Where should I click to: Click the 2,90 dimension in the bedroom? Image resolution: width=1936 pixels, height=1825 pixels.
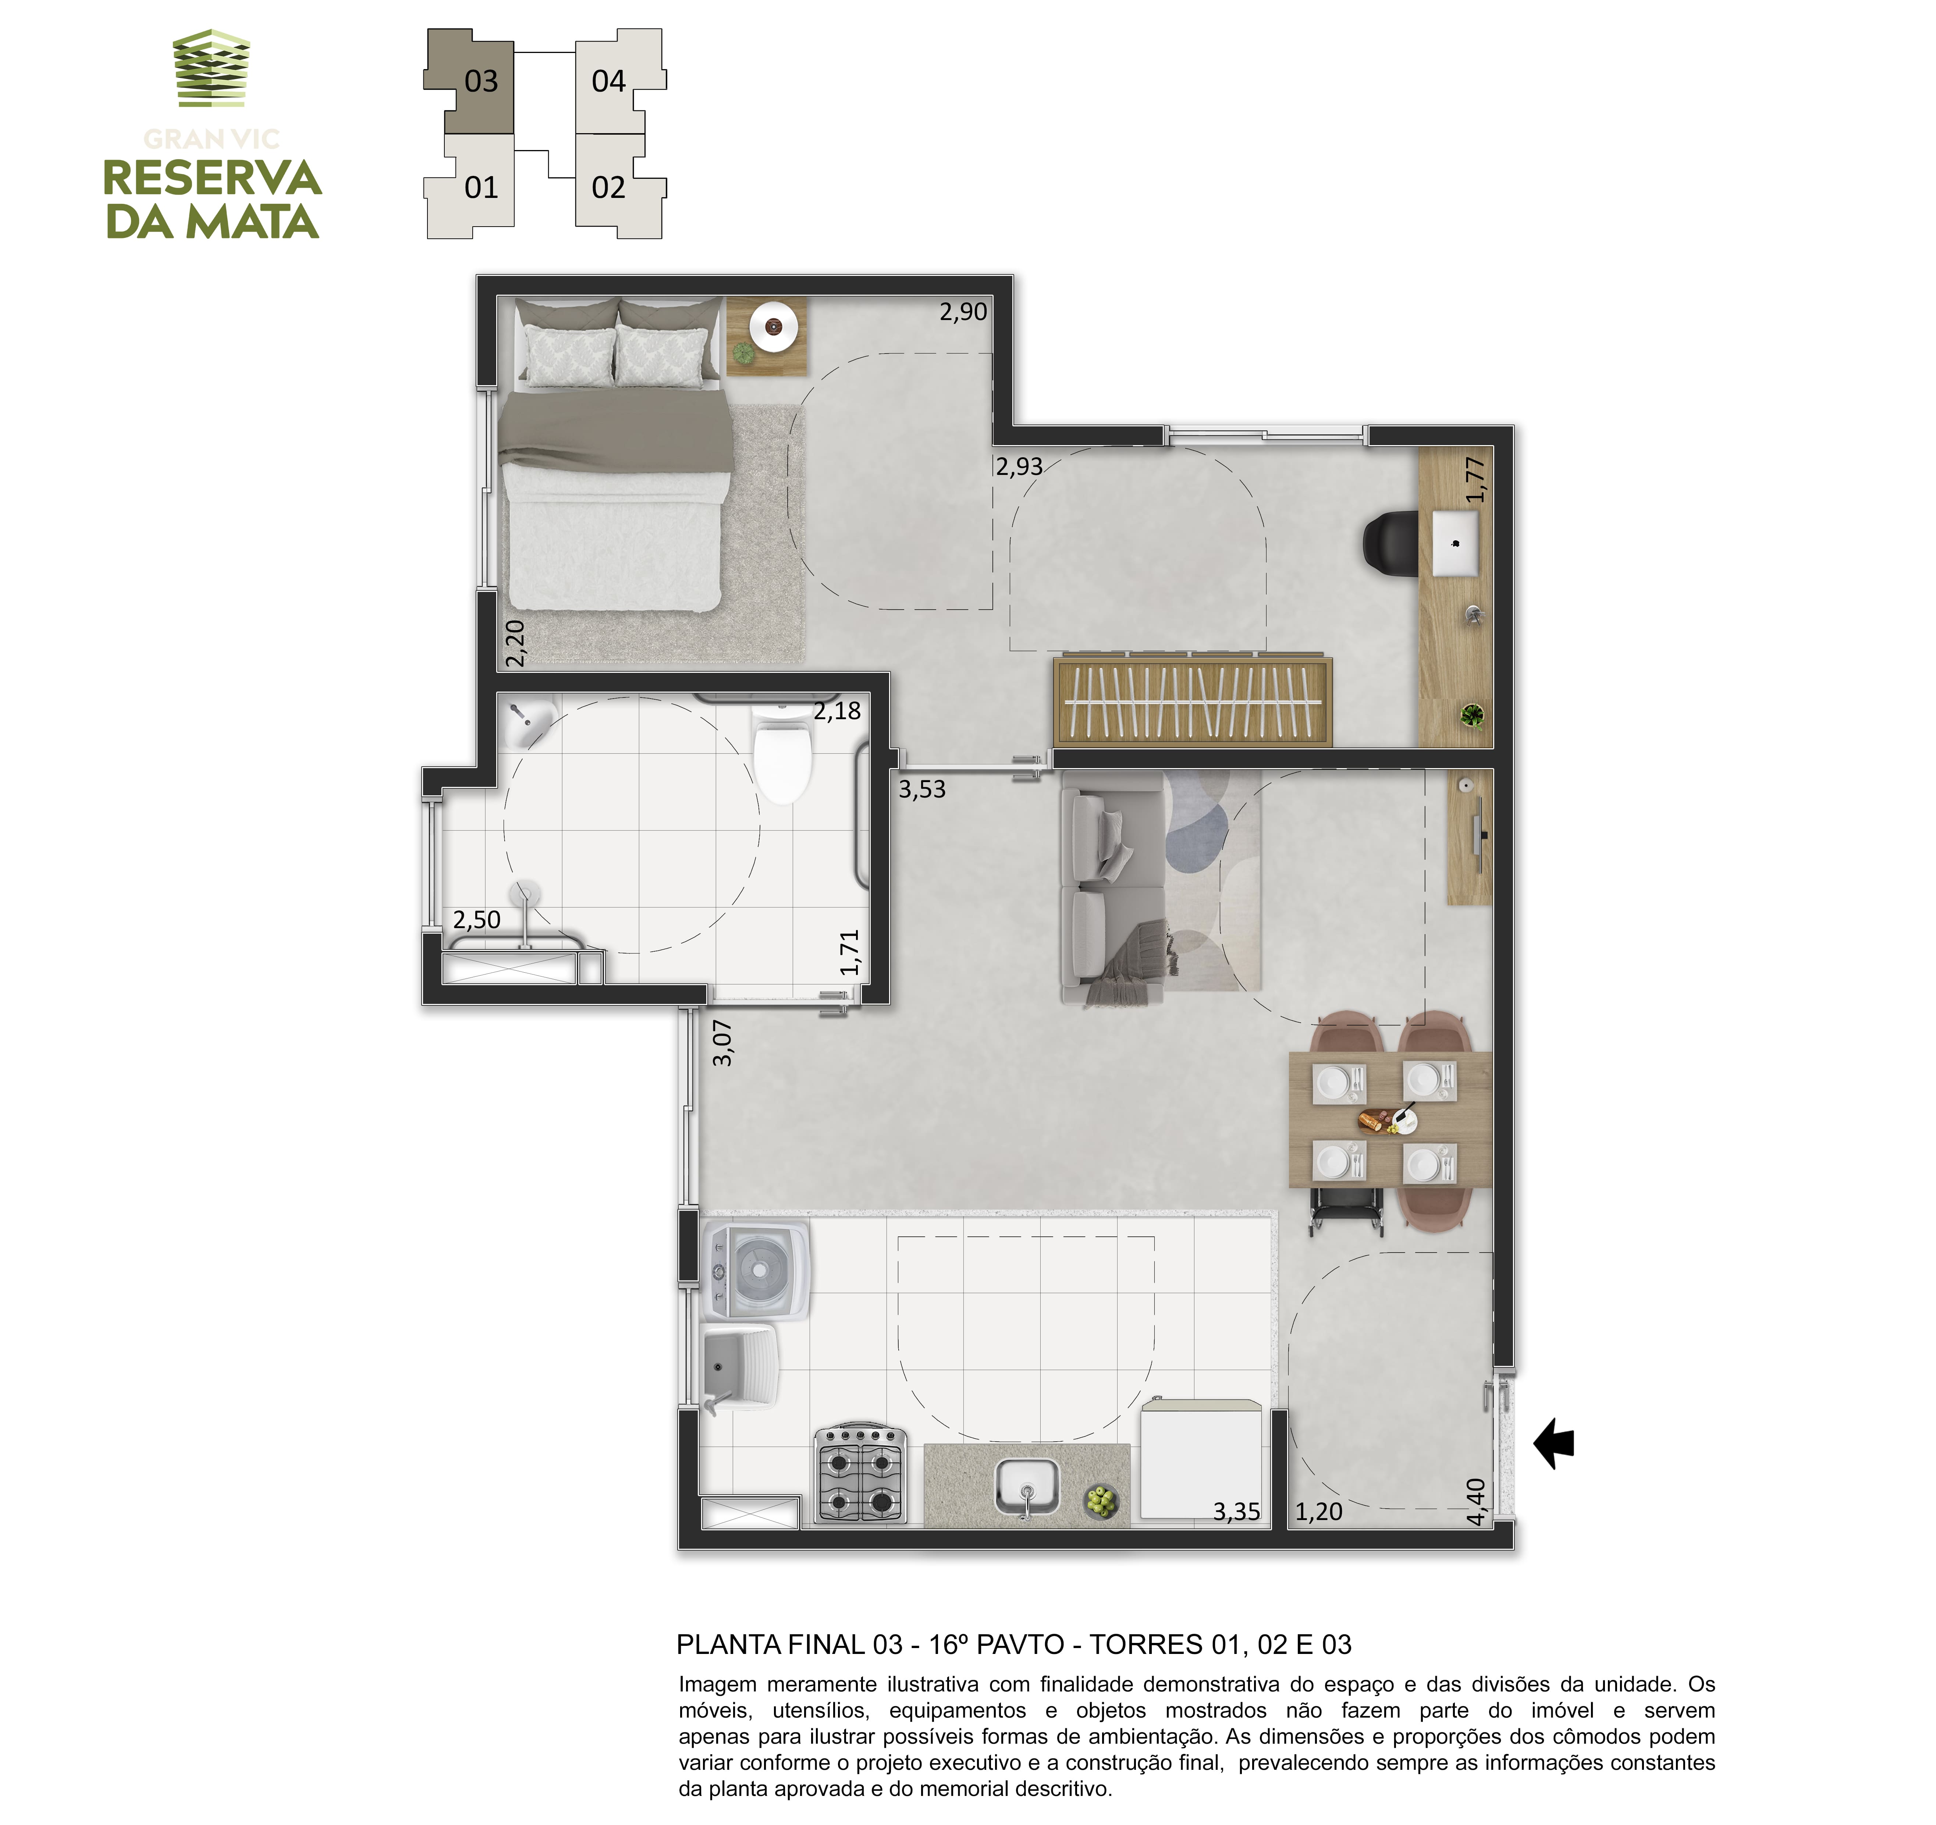coord(963,312)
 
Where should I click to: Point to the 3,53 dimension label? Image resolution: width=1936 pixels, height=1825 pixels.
coord(921,789)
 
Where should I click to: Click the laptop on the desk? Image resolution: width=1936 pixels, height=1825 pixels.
coord(1455,543)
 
